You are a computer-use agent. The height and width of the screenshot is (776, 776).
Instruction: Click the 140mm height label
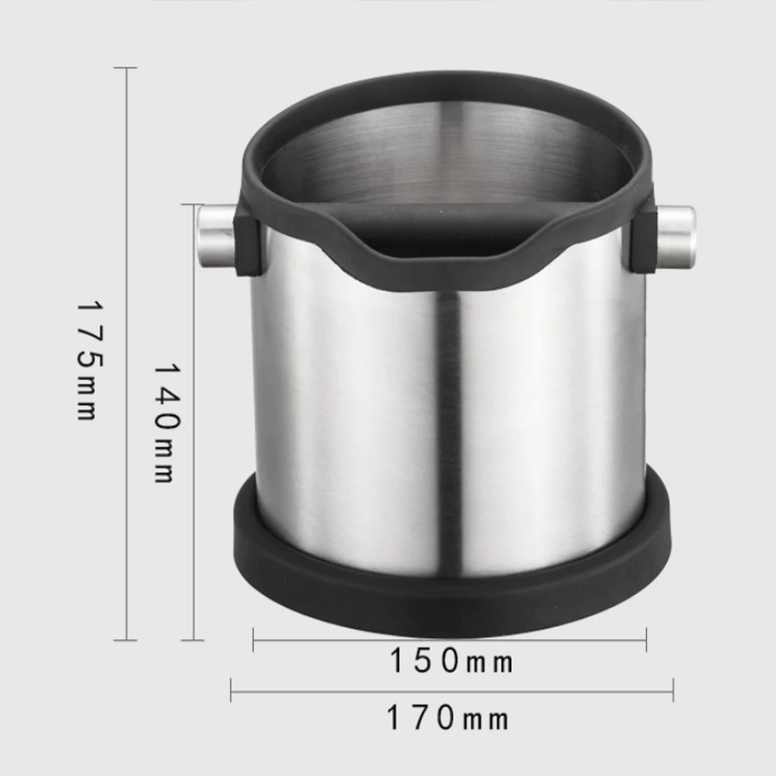click(x=164, y=423)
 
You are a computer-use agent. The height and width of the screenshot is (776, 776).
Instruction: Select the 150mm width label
click(x=451, y=662)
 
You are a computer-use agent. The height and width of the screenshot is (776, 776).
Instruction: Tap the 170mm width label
click(x=448, y=719)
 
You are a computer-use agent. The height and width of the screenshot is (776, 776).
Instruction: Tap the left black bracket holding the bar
click(x=246, y=244)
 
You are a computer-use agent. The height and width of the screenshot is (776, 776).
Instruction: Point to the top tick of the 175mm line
click(x=125, y=68)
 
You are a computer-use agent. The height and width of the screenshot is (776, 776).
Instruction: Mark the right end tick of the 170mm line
click(x=673, y=689)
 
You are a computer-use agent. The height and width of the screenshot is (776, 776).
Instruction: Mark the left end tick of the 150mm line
click(x=254, y=640)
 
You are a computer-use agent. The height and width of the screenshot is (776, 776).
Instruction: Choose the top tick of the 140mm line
click(x=192, y=204)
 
